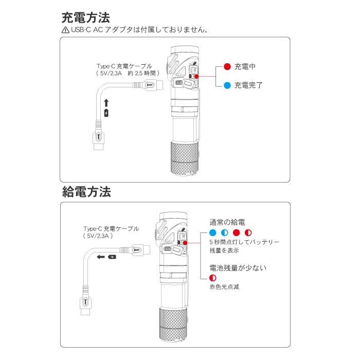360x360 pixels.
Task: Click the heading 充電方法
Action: tap(86, 19)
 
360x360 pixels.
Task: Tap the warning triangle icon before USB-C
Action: tap(65, 30)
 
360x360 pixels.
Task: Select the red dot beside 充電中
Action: tap(227, 67)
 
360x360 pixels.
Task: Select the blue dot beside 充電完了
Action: tap(227, 85)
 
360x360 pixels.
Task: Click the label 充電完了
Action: tap(248, 85)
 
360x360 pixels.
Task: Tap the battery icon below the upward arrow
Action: tap(106, 113)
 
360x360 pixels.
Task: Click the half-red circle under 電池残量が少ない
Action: tap(213, 278)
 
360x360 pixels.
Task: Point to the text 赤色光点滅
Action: tap(224, 287)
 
